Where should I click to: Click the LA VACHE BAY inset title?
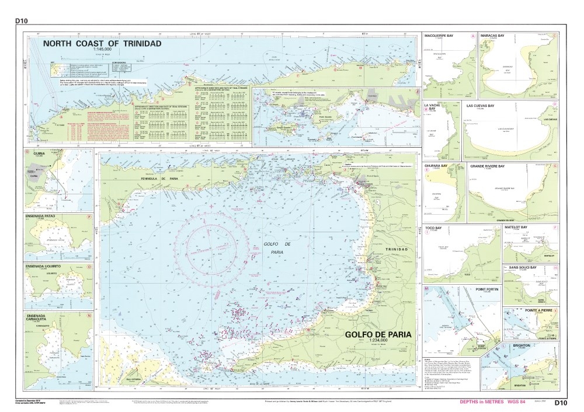[x=433, y=107]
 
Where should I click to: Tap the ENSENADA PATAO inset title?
[x=42, y=215]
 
